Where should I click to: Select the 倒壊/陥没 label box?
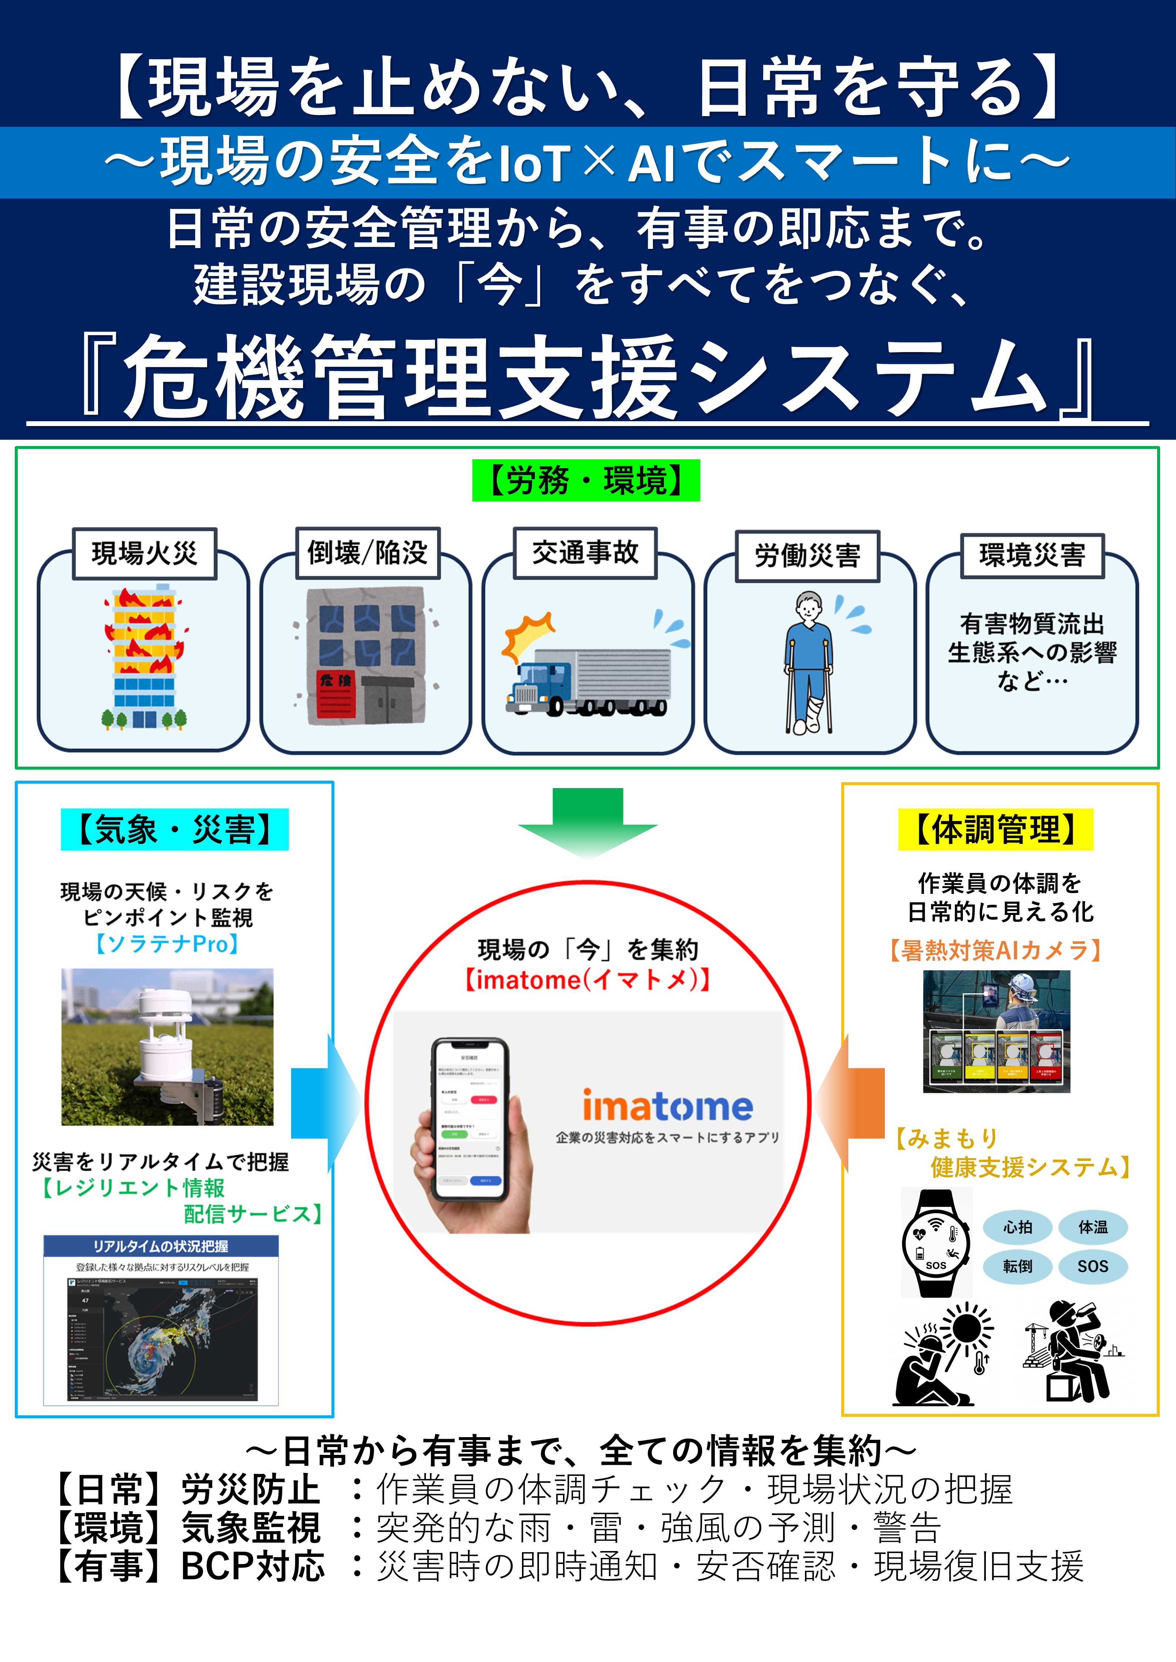(x=368, y=552)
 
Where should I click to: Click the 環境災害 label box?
(x=1032, y=555)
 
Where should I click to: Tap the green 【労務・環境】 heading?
(x=586, y=480)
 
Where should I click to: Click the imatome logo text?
(x=667, y=1106)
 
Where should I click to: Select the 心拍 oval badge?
(x=1017, y=1227)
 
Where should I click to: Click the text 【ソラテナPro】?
(x=167, y=944)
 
